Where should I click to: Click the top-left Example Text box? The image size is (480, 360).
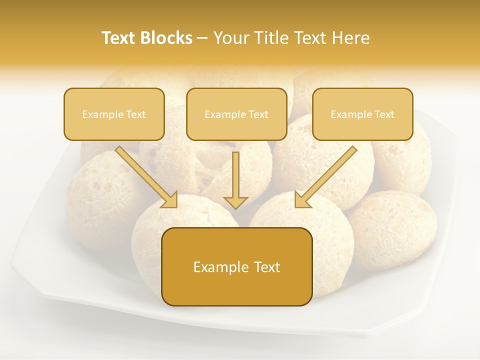[x=114, y=114]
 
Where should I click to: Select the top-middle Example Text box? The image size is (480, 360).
[x=236, y=114]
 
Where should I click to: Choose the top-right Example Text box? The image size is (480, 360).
[x=362, y=114]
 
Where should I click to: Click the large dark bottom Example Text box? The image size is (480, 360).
[x=236, y=266]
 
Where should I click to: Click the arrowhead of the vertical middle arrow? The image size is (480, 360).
[x=235, y=202]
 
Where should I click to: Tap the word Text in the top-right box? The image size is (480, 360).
[x=384, y=114]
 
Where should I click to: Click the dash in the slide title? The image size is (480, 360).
[x=202, y=38]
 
